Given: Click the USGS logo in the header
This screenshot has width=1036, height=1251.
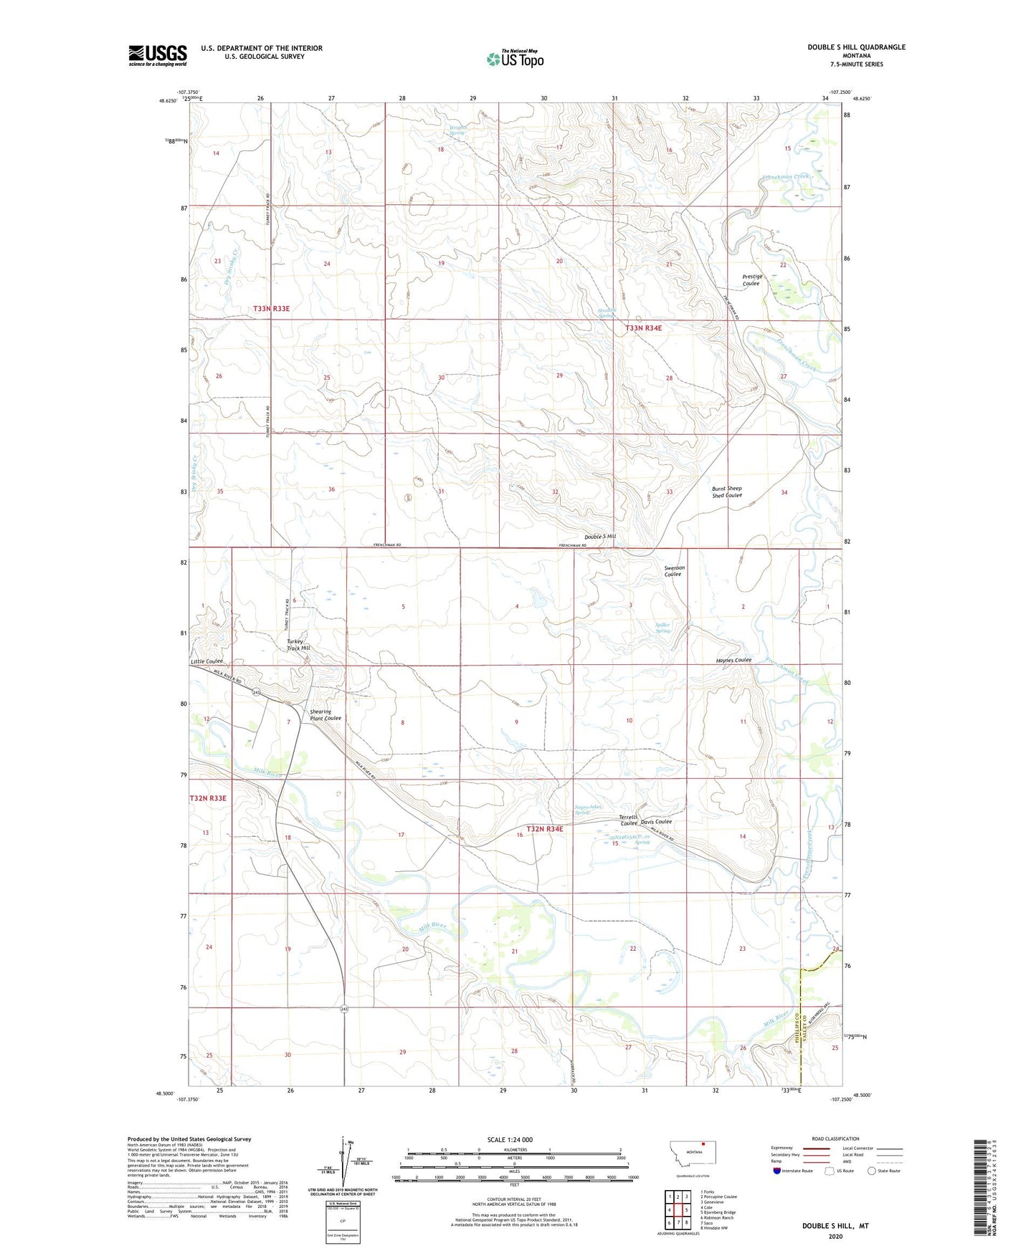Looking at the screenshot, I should pos(158,55).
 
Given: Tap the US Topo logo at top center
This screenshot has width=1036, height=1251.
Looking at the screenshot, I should pos(515,58).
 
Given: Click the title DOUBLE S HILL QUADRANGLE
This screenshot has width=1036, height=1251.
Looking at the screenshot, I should pos(856,47).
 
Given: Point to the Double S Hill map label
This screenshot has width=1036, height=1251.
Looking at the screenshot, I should pos(600,537).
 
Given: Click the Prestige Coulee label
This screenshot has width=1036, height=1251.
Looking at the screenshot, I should pos(751,280).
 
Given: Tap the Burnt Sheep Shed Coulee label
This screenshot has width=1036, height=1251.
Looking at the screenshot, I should pos(727,492).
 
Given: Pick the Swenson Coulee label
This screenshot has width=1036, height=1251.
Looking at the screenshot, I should pos(674,571).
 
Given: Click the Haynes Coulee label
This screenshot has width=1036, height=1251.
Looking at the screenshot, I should pos(733,660).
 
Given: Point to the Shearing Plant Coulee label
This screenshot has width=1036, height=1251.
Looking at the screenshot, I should pos(325,715).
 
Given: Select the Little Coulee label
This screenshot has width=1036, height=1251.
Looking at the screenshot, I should pos(207,661).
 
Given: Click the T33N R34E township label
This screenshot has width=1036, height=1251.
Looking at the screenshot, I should pos(643,328).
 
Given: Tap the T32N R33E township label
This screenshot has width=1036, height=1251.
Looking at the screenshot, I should pos(208,798).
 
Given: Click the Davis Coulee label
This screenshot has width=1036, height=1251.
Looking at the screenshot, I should pos(656,822).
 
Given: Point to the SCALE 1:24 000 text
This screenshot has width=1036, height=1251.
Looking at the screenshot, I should pos(510,1140).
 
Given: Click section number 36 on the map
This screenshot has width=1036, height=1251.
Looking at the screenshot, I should pos(331,489).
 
